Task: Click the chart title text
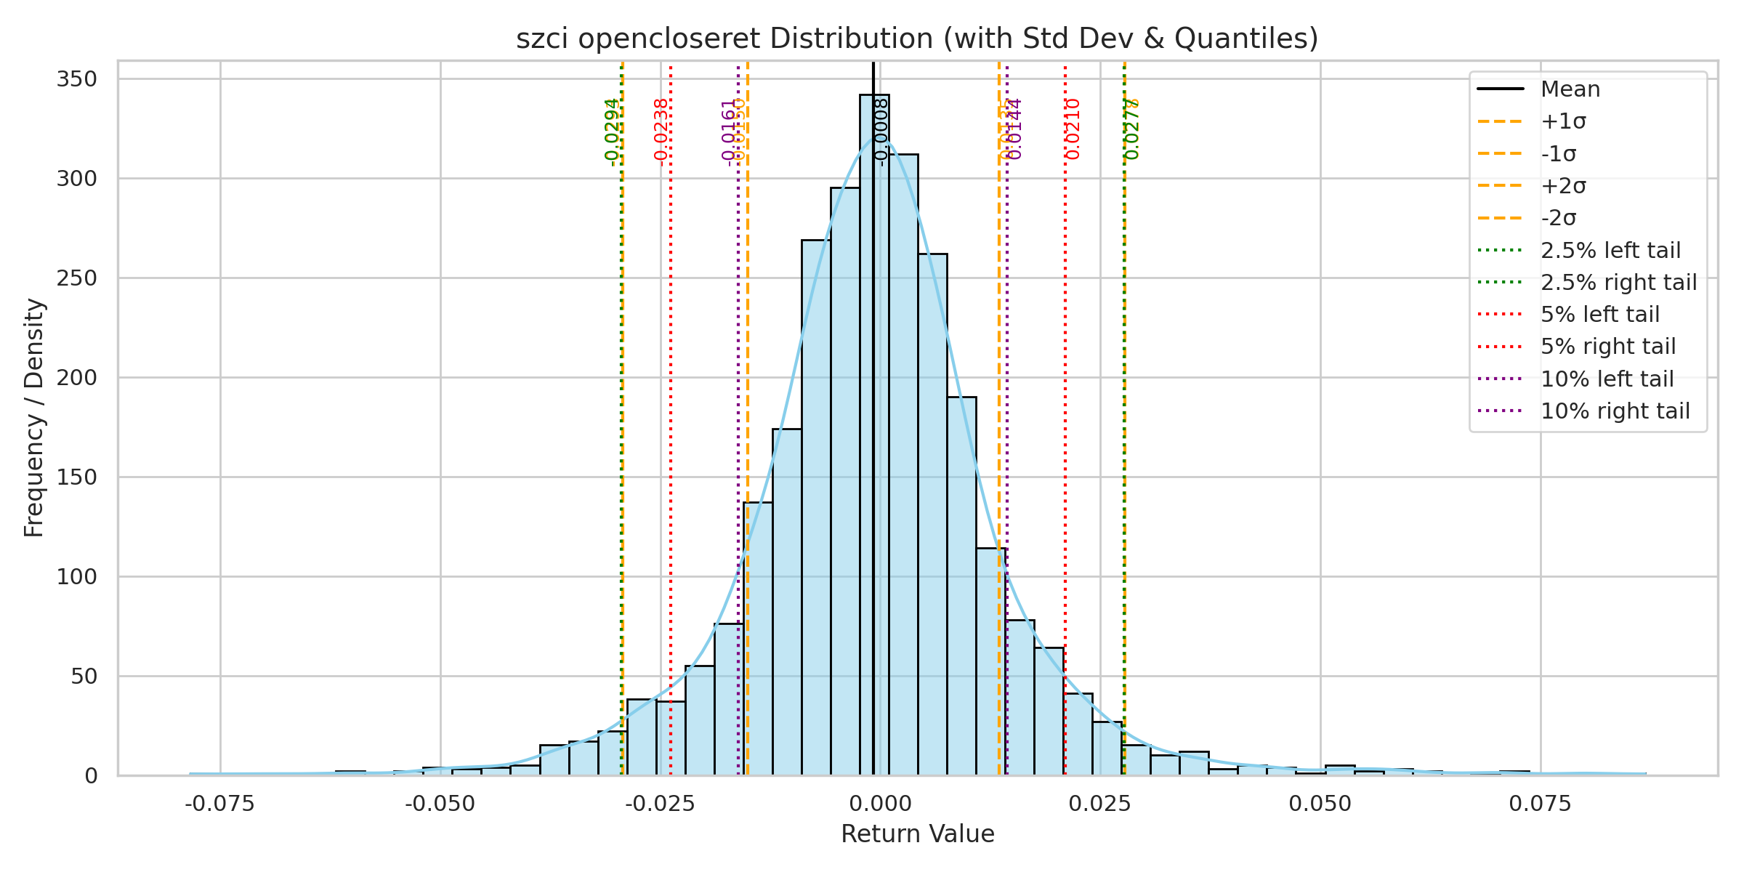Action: [917, 39]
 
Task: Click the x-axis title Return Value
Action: [917, 834]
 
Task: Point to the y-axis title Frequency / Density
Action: [34, 418]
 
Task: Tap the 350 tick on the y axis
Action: [77, 79]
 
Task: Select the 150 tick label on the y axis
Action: [77, 477]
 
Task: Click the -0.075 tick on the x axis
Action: [220, 804]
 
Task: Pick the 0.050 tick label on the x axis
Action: [1320, 804]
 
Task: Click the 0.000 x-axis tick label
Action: [881, 804]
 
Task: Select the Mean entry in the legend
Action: [1570, 89]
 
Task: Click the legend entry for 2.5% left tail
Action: [1610, 251]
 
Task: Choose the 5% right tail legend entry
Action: [1608, 347]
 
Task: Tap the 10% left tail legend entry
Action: [1607, 379]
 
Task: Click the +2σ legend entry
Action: [1563, 186]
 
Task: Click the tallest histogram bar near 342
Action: [874, 436]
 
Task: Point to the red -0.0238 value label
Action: [661, 132]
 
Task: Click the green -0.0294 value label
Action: [612, 132]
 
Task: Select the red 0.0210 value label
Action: [1073, 129]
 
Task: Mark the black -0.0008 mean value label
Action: [881, 132]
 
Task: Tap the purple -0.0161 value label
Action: [728, 132]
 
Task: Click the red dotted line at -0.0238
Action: [671, 436]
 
